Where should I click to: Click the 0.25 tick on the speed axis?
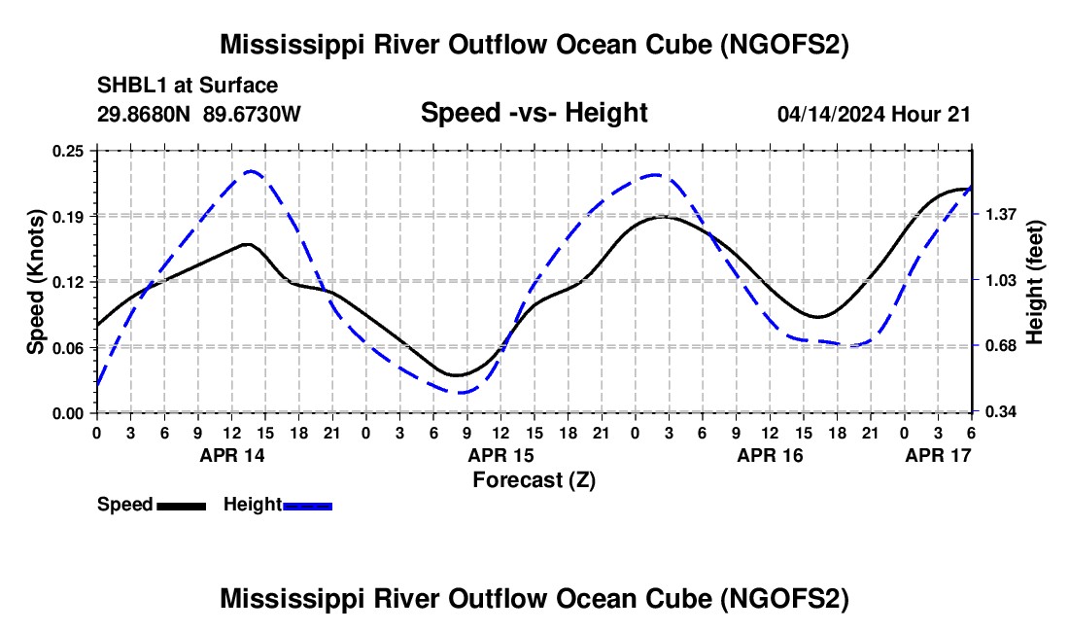68,151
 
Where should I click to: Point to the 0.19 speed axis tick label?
68,216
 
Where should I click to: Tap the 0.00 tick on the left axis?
68,413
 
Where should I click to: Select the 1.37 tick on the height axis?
1000,215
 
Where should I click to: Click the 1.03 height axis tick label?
1000,281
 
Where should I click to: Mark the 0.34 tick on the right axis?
1000,412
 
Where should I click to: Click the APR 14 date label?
232,455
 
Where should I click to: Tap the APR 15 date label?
501,455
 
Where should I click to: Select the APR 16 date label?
771,455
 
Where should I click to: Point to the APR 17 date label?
938,455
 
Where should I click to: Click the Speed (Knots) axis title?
35,282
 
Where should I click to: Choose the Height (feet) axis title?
1034,282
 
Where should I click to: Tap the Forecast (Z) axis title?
534,480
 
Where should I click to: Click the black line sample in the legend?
182,506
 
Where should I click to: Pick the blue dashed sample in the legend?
307,506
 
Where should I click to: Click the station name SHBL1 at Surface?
188,86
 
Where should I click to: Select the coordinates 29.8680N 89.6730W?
198,114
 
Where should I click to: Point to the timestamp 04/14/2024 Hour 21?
874,114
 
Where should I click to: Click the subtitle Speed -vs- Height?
534,113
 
